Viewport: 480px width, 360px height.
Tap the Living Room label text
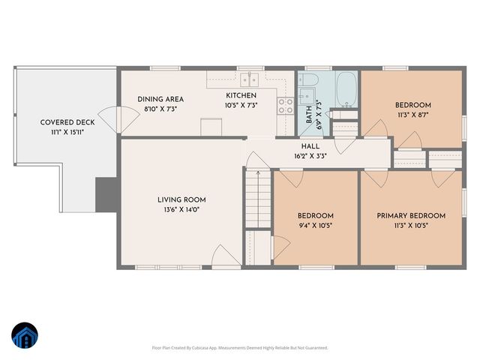coord(181,199)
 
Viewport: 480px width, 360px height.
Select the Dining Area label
coord(160,99)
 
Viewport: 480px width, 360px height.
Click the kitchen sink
coord(249,78)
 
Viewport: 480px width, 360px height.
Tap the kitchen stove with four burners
coord(286,106)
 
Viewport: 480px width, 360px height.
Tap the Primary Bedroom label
coord(410,216)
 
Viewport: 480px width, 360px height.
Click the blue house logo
coord(24,335)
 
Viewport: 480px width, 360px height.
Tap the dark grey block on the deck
coord(106,194)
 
